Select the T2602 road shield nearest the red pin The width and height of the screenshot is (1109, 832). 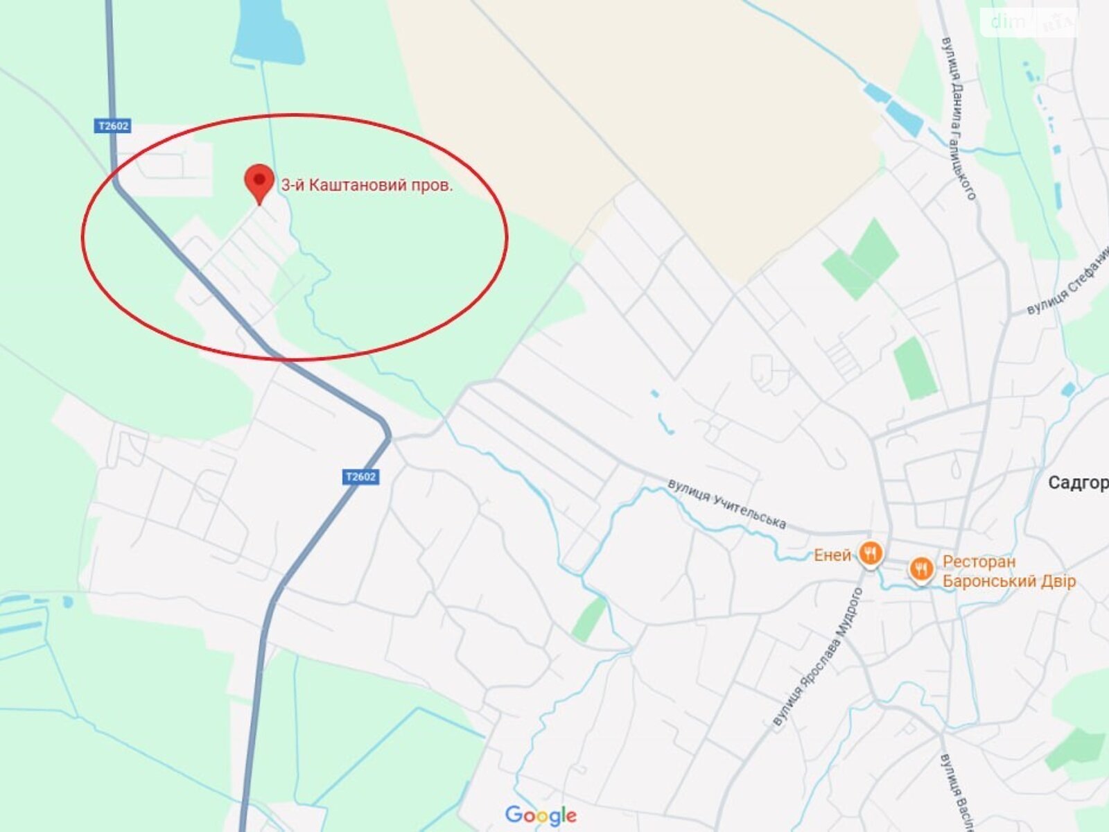tap(112, 126)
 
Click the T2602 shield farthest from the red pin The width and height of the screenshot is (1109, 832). tap(360, 476)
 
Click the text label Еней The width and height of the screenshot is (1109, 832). tap(832, 555)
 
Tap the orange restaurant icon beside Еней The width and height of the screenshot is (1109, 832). tap(870, 553)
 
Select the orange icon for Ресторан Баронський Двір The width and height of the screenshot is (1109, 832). tap(920, 570)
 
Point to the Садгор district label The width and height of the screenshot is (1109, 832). tap(1078, 483)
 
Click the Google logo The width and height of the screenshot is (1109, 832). tap(541, 815)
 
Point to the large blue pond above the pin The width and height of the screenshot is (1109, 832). tap(268, 31)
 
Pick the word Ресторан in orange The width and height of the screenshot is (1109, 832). tap(978, 562)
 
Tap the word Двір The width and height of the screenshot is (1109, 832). tap(1060, 581)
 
